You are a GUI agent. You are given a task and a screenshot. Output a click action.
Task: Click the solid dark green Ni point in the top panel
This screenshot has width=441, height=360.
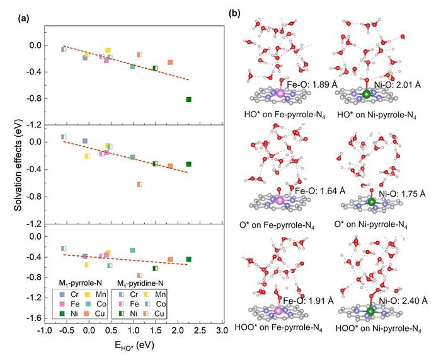tap(188, 100)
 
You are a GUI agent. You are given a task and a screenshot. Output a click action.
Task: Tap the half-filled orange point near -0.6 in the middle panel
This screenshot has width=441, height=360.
tap(140, 185)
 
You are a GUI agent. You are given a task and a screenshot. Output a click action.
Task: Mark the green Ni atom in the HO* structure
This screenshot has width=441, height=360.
tap(367, 95)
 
